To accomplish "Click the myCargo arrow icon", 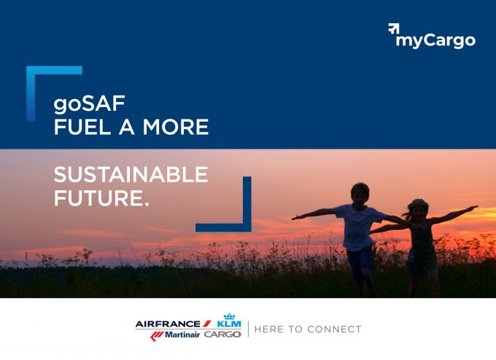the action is click(x=394, y=28).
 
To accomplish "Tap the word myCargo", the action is click(x=435, y=41).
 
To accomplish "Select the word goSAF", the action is click(x=90, y=104).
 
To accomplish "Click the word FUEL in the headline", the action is click(x=82, y=127).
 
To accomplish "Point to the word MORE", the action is click(x=176, y=127).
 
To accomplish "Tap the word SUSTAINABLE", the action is click(x=131, y=174).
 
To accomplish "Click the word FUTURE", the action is click(x=101, y=198).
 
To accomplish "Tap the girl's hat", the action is click(x=418, y=204).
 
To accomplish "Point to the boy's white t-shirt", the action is click(x=358, y=227).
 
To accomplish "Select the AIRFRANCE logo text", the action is click(x=168, y=324).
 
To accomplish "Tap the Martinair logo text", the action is click(x=182, y=334).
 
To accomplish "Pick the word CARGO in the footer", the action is click(x=222, y=334).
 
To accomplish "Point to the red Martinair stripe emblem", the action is click(x=157, y=336).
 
